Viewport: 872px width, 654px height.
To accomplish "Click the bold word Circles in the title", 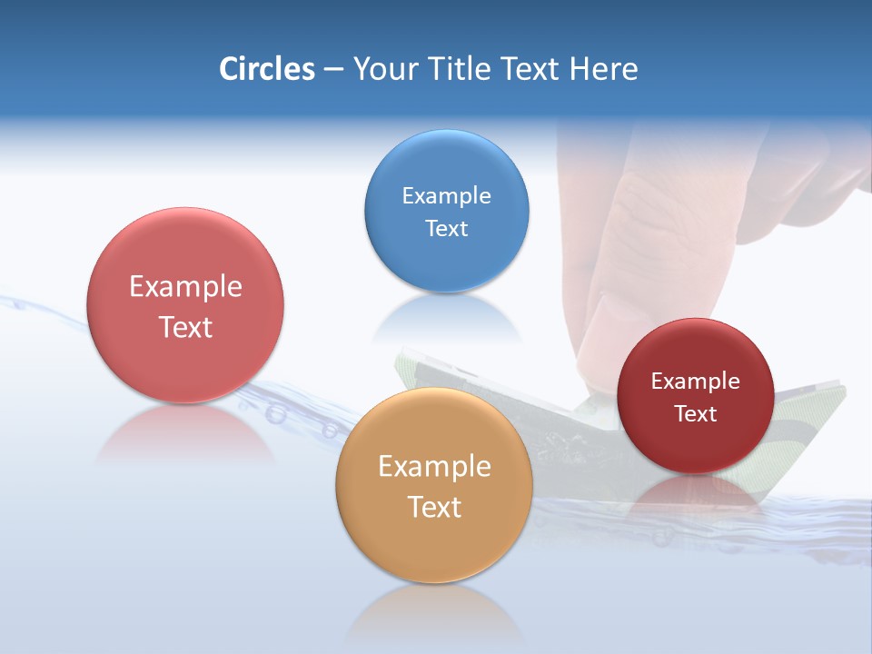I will click(x=267, y=69).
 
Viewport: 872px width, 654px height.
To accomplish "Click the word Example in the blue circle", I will click(x=446, y=196).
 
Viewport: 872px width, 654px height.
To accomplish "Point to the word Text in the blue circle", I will click(x=446, y=229).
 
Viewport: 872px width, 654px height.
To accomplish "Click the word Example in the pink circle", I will click(x=185, y=287).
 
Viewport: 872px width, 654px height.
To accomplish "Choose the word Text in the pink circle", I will click(x=185, y=327).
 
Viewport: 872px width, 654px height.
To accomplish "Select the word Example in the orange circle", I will click(x=434, y=467).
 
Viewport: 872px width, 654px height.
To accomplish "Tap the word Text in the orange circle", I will click(x=434, y=507).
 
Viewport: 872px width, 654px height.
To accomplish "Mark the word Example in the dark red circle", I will click(x=695, y=381).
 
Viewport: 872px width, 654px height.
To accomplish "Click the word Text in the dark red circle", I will click(x=695, y=414).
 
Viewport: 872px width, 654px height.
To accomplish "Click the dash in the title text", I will click(x=333, y=69).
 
